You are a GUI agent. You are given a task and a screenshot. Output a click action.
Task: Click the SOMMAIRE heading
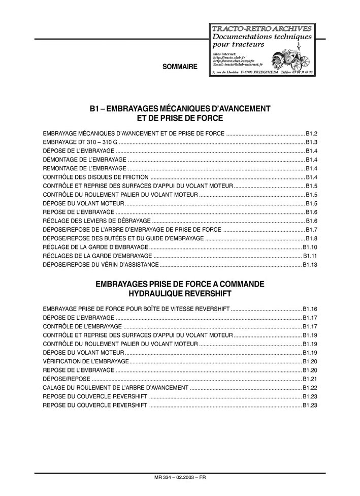pos(180,67)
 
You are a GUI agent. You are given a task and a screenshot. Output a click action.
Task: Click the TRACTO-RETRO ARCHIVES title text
pos(261,28)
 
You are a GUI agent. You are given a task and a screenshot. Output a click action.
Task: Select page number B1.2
pos(311,133)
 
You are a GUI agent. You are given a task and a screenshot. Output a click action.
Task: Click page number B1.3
pos(311,142)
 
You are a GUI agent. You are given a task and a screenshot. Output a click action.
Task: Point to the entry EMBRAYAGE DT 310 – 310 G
pos(80,142)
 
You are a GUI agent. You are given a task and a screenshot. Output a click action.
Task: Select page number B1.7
pos(311,230)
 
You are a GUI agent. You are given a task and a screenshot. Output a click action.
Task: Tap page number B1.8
pos(311,238)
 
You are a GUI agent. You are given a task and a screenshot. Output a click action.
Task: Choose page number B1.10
pos(310,247)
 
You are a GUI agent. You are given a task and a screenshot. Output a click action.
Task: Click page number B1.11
pos(310,256)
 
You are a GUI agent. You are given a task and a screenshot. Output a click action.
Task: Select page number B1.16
pos(310,308)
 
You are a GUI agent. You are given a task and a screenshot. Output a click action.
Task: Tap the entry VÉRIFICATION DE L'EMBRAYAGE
pos(86,361)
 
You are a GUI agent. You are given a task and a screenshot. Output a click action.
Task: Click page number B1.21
pos(310,379)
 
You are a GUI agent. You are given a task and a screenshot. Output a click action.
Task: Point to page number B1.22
pos(310,387)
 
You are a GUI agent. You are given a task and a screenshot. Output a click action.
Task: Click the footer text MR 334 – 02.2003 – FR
pos(180,478)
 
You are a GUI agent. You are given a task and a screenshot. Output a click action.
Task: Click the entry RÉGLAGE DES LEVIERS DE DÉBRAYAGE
pos(97,221)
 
